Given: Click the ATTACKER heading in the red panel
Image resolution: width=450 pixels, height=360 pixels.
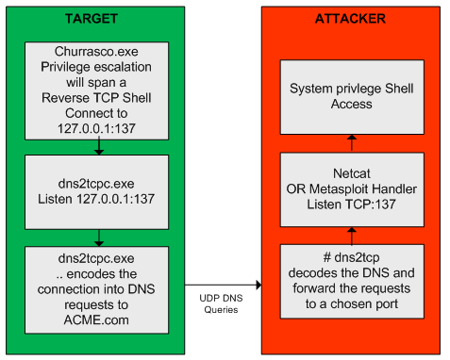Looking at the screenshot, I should click(x=351, y=18).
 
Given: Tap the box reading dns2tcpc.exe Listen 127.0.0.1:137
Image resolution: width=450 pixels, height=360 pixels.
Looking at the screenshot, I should click(x=97, y=190).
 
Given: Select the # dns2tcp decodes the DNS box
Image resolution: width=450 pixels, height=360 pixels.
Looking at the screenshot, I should click(x=351, y=281).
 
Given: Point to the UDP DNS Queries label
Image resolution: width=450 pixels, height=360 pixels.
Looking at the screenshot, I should click(x=224, y=303).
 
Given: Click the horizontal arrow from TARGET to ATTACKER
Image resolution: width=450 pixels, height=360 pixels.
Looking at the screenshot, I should click(x=224, y=282).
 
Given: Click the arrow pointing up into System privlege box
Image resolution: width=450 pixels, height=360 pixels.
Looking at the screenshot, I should click(x=351, y=143).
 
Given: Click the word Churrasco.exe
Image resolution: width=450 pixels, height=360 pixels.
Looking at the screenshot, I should click(x=97, y=52).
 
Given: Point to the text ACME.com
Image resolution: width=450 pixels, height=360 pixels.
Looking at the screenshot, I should click(x=97, y=319).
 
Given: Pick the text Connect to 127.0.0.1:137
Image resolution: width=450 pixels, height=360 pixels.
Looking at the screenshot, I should click(x=97, y=121).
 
